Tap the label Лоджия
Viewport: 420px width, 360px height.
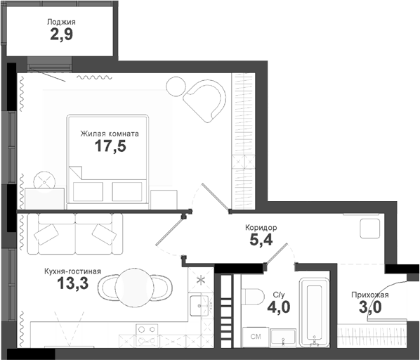[x=61, y=22]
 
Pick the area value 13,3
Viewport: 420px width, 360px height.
[x=74, y=285]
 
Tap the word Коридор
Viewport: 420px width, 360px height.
[x=261, y=228]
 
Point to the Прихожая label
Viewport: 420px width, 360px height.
[x=369, y=295]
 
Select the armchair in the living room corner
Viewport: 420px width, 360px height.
[x=204, y=98]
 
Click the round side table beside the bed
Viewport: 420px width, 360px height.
[x=44, y=180]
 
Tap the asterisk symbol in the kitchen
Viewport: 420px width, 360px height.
[x=201, y=280]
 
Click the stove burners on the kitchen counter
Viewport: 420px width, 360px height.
[x=148, y=329]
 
